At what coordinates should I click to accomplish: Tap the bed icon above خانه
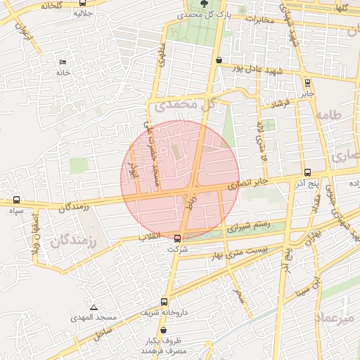(x=64, y=62)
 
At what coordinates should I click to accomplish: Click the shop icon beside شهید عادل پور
(x=219, y=60)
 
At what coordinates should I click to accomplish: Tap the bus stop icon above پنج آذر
(x=307, y=172)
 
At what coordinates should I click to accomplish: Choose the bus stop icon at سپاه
(x=16, y=200)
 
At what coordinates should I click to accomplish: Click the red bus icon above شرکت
(x=177, y=238)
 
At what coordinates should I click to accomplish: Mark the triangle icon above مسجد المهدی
(x=94, y=307)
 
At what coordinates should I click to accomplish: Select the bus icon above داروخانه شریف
(x=164, y=302)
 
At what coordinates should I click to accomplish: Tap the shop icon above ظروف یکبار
(x=163, y=330)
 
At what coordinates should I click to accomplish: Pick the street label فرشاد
(x=272, y=104)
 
